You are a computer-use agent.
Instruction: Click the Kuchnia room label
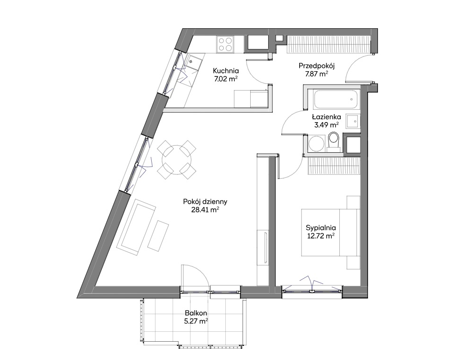(x=226, y=71)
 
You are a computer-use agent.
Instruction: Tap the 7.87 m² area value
(x=317, y=74)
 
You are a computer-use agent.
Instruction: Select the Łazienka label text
(x=327, y=117)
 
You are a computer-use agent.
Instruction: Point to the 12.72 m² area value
(x=321, y=236)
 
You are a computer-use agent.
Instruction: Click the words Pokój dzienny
(x=205, y=202)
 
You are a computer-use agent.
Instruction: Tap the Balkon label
(x=196, y=313)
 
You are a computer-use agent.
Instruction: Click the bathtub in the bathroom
(x=336, y=99)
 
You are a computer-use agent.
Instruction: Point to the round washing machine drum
(x=317, y=144)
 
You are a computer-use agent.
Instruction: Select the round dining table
(x=177, y=159)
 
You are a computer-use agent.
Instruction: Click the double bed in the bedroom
(x=331, y=232)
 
